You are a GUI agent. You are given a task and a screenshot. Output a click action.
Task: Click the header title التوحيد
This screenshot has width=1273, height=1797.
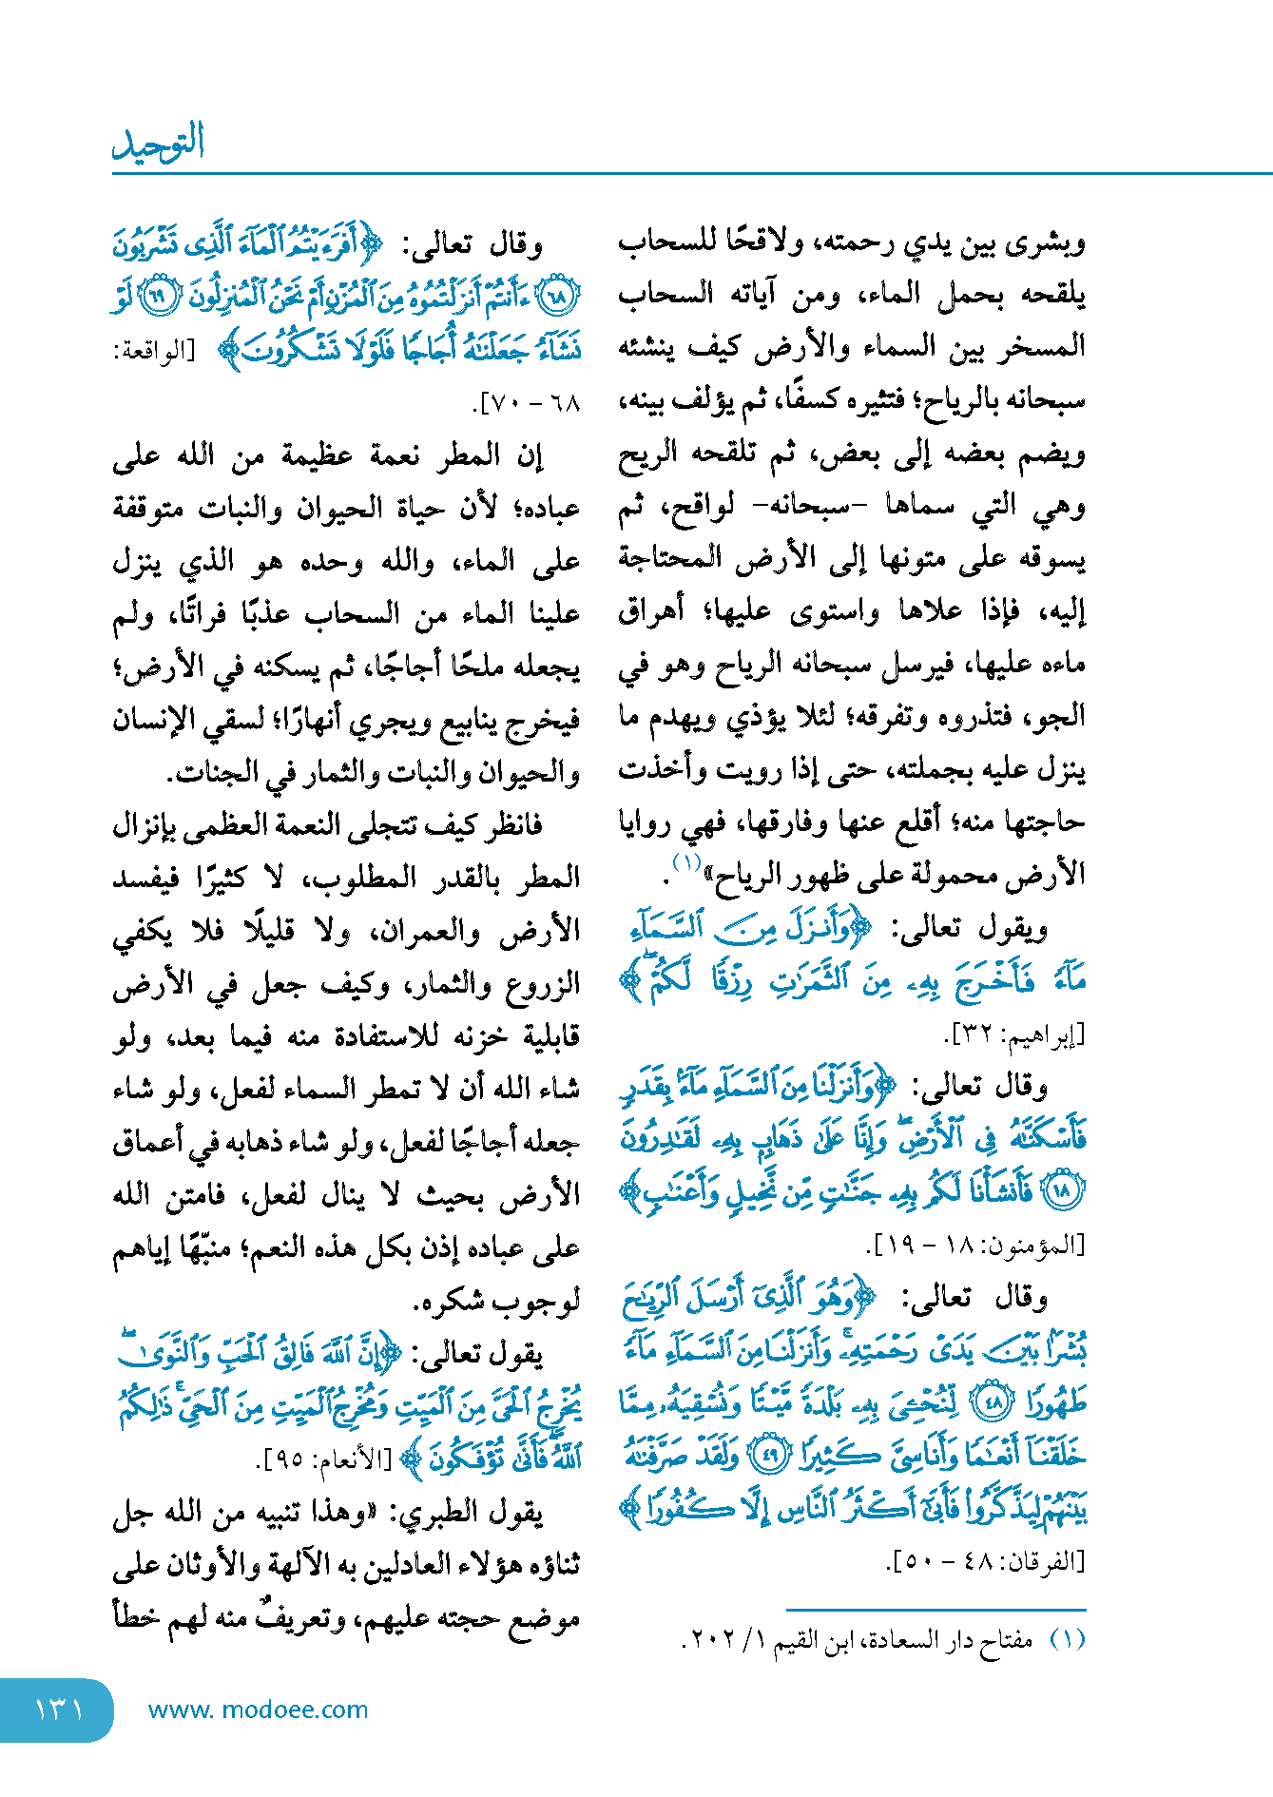(159, 142)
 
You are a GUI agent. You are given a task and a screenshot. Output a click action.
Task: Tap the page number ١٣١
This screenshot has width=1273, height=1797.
(59, 1710)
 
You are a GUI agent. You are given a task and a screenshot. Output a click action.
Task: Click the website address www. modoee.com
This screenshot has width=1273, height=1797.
(258, 1710)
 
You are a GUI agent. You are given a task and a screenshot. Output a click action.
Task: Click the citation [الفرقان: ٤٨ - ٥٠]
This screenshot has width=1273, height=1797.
(986, 1561)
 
